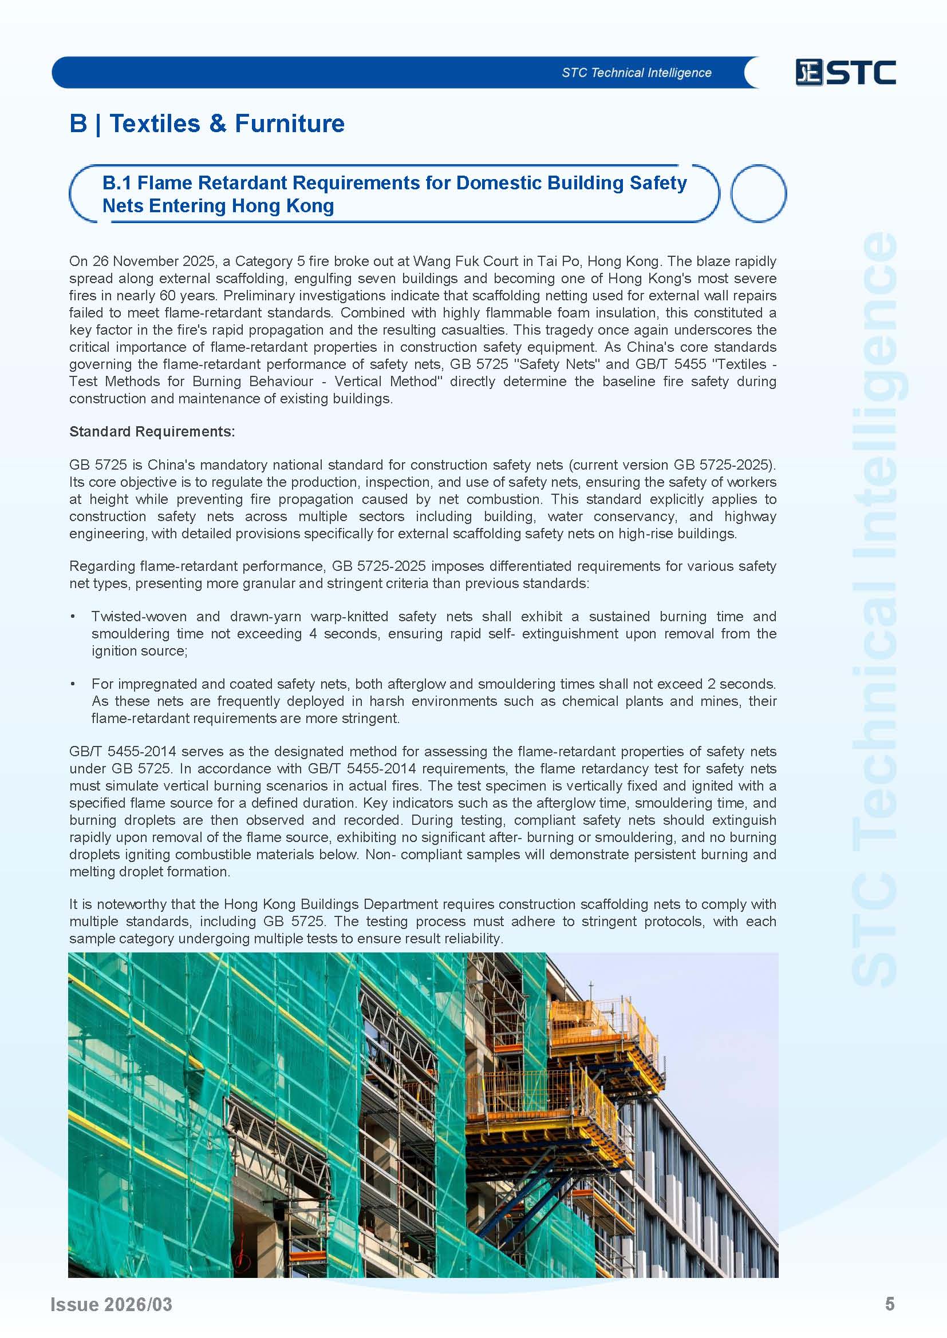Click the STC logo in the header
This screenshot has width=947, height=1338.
[845, 73]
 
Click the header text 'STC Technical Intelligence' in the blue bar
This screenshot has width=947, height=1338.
[636, 73]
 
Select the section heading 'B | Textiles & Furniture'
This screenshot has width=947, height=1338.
[207, 124]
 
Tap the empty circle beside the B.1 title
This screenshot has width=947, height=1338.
[758, 193]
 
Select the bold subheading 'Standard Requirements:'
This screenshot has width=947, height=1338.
[152, 431]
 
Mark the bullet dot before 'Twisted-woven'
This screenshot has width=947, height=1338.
[72, 617]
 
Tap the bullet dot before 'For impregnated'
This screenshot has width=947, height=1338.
[72, 684]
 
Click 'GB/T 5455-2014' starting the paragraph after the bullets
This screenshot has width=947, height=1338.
[122, 751]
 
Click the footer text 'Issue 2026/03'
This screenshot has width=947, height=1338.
[112, 1304]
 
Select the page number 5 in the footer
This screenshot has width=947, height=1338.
[889, 1304]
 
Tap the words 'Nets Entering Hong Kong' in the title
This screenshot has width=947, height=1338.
[218, 206]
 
